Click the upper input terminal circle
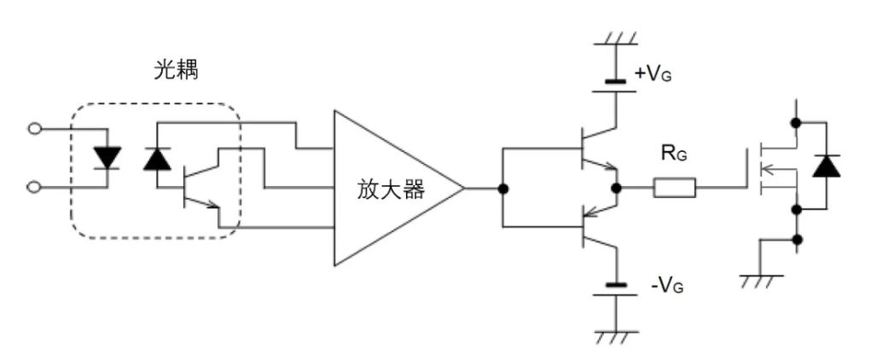[34, 129]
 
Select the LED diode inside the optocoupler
[108, 158]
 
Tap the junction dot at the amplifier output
[504, 189]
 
